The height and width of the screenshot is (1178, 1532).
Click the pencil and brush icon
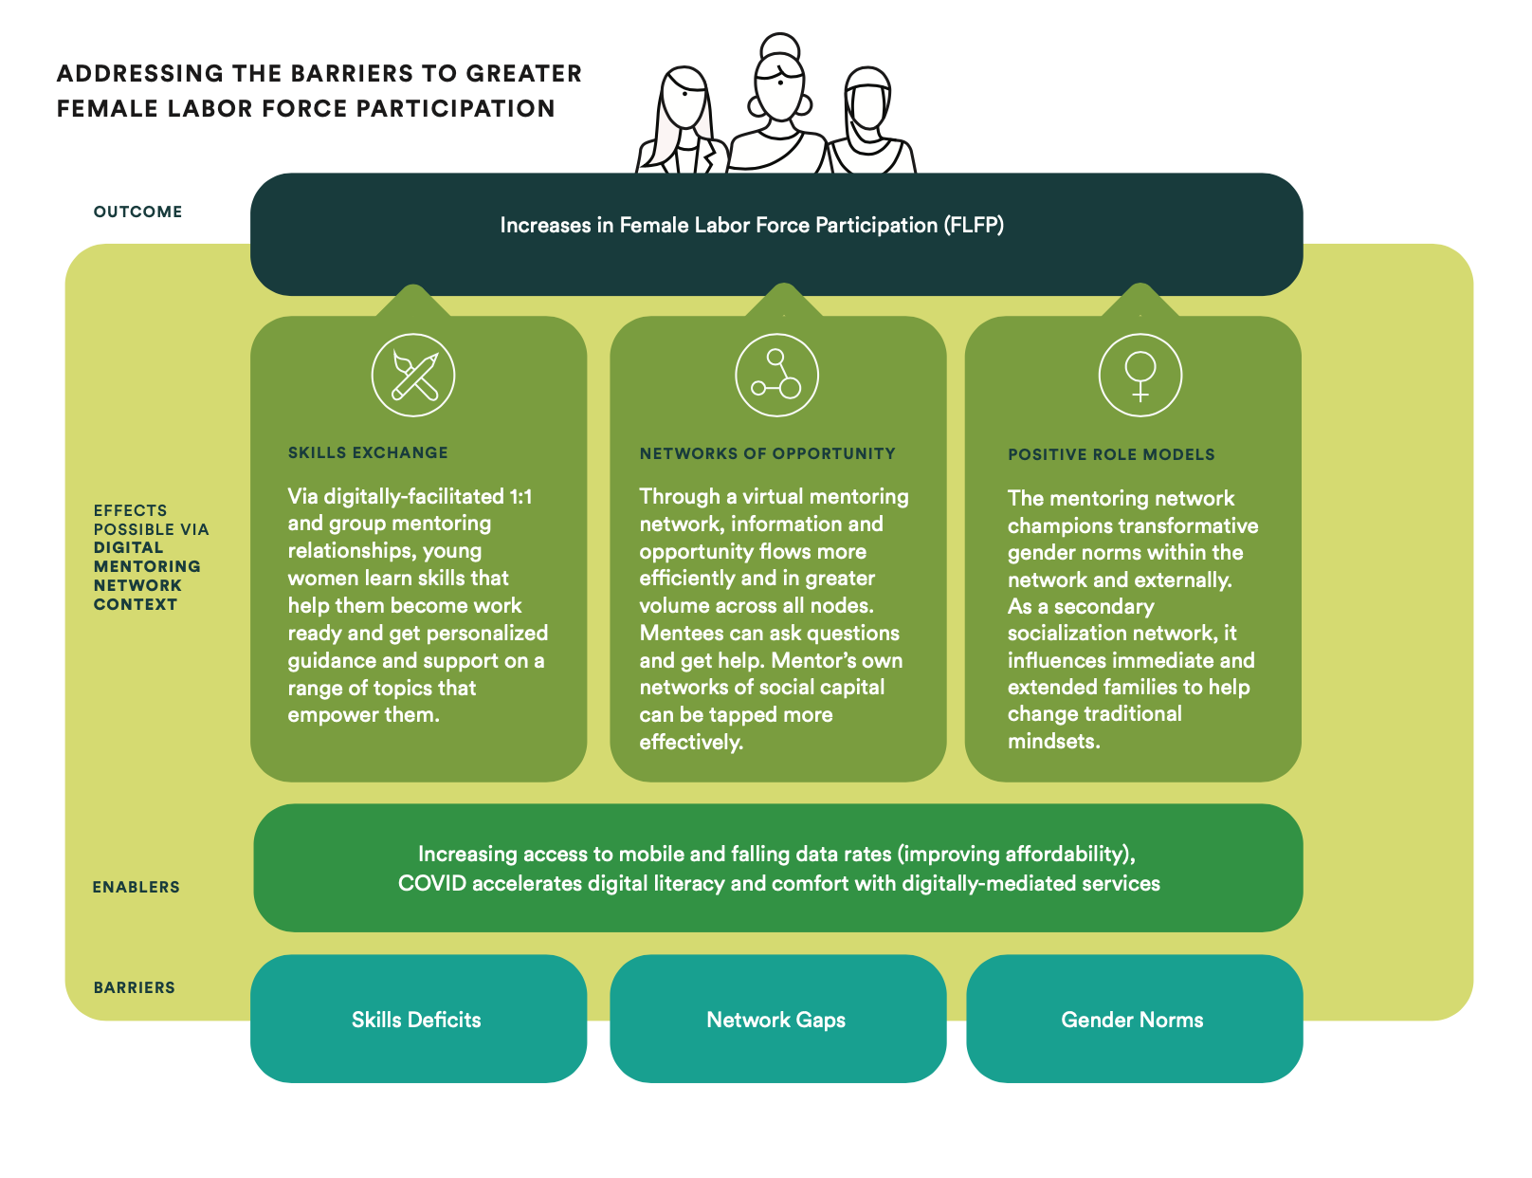[x=413, y=376]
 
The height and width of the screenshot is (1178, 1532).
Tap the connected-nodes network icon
[x=776, y=375]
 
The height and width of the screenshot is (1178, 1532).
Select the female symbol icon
[x=1140, y=376]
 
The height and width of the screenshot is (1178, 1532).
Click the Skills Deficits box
[x=417, y=1020]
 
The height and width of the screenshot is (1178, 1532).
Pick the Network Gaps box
[x=776, y=1020]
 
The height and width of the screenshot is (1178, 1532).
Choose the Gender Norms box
[x=1133, y=1020]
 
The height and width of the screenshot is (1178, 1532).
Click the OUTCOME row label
[x=137, y=212]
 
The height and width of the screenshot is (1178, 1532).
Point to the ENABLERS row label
[x=136, y=888]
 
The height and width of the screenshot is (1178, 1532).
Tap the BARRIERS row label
[x=134, y=987]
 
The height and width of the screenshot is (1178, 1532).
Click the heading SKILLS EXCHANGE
[x=368, y=453]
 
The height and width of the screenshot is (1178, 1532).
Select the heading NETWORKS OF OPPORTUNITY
[x=767, y=453]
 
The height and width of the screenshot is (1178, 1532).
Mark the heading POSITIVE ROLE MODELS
[x=1111, y=455]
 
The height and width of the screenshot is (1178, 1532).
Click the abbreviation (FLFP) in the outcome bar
[x=973, y=226]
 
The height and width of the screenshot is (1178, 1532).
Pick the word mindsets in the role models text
[x=1052, y=742]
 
